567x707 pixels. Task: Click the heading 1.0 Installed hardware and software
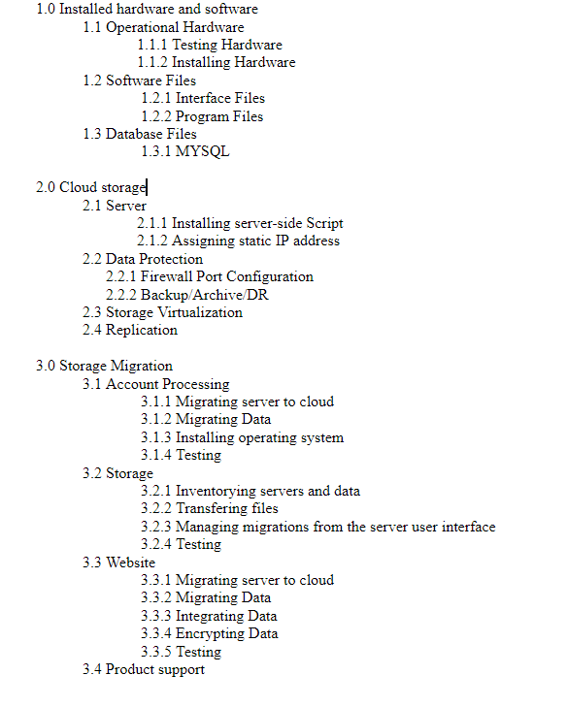pyautogui.click(x=147, y=9)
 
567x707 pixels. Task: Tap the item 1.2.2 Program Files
pyautogui.click(x=202, y=116)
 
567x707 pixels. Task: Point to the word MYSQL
pyautogui.click(x=203, y=151)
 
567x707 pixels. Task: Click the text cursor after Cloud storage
pyautogui.click(x=148, y=187)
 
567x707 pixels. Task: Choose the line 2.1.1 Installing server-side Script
pyautogui.click(x=240, y=223)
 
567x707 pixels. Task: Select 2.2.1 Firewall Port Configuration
pyautogui.click(x=209, y=276)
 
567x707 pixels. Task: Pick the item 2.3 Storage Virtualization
pyautogui.click(x=162, y=312)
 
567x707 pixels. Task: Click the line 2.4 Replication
pyautogui.click(x=130, y=330)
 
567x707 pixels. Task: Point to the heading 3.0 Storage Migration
pyautogui.click(x=104, y=366)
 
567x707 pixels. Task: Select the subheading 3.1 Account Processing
pyautogui.click(x=155, y=384)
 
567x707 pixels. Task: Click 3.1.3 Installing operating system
pyautogui.click(x=242, y=437)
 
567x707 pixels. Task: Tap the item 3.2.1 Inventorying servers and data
pyautogui.click(x=250, y=491)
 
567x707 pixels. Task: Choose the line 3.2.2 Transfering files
pyautogui.click(x=209, y=508)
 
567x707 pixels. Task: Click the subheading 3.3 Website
pyautogui.click(x=118, y=562)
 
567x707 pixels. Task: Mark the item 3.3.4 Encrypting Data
pyautogui.click(x=209, y=633)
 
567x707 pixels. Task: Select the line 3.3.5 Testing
pyautogui.click(x=181, y=652)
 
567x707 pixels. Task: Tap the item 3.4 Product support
pyautogui.click(x=143, y=669)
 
